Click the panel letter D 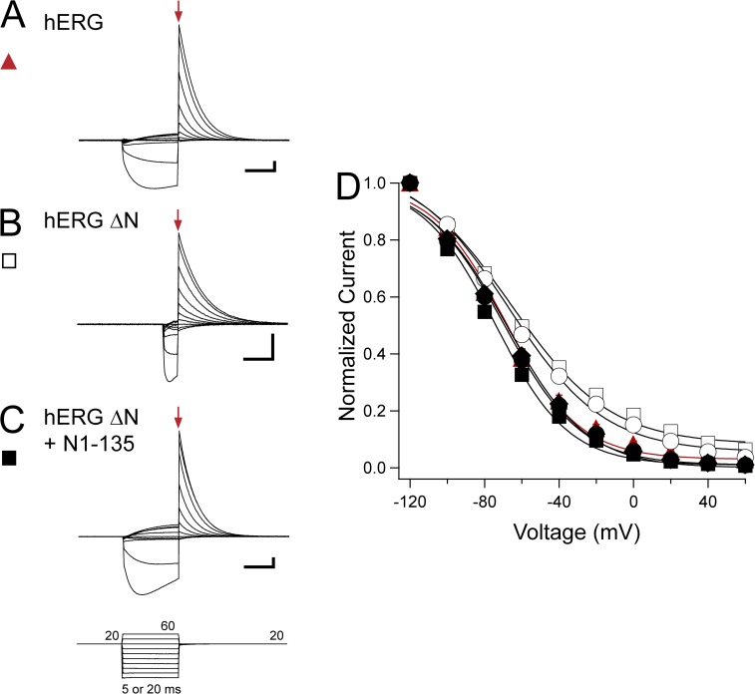tap(347, 185)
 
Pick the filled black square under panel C tap(10, 459)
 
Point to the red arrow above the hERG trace tap(179, 12)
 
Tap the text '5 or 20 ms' tap(150, 685)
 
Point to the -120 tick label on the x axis tap(410, 497)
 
